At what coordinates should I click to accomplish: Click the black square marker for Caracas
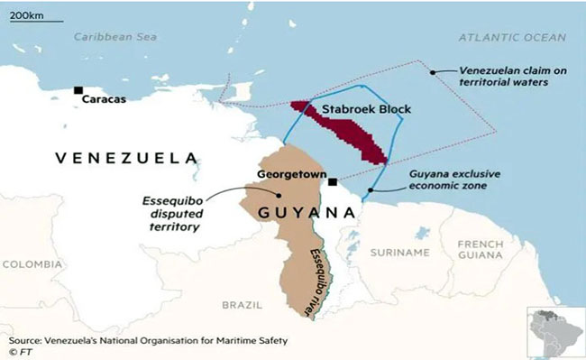79,90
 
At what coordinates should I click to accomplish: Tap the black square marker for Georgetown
333,181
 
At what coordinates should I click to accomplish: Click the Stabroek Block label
366,109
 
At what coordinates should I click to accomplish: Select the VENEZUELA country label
126,158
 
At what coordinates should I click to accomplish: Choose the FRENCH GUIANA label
481,250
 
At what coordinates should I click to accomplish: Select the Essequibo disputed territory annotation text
169,214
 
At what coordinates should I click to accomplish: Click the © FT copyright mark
19,353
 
